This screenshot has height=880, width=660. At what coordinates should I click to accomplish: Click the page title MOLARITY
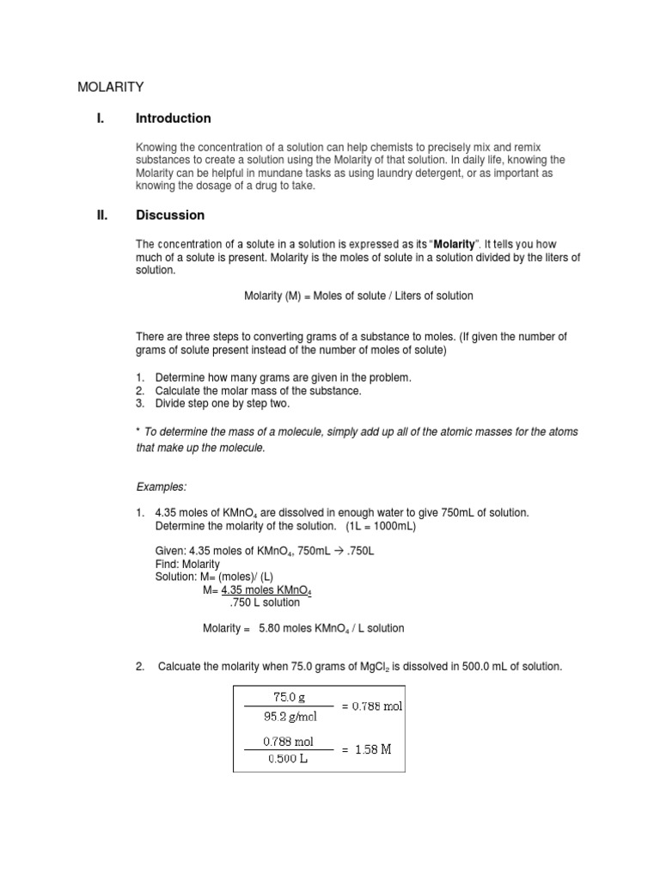point(111,87)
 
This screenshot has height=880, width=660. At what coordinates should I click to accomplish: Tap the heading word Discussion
point(169,215)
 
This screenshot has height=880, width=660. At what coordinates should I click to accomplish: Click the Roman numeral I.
point(100,119)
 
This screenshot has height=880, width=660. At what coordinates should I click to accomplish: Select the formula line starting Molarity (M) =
point(358,296)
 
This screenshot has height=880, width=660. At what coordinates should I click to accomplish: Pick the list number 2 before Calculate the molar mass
point(139,391)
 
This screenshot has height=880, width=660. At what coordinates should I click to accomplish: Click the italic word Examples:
point(162,486)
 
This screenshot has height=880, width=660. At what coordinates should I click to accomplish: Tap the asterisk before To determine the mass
point(139,431)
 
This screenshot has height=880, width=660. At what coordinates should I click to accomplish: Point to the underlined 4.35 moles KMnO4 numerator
point(266,590)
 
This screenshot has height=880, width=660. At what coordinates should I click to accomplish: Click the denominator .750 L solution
point(260,602)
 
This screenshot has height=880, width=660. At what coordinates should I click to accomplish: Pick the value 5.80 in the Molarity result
point(272,628)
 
